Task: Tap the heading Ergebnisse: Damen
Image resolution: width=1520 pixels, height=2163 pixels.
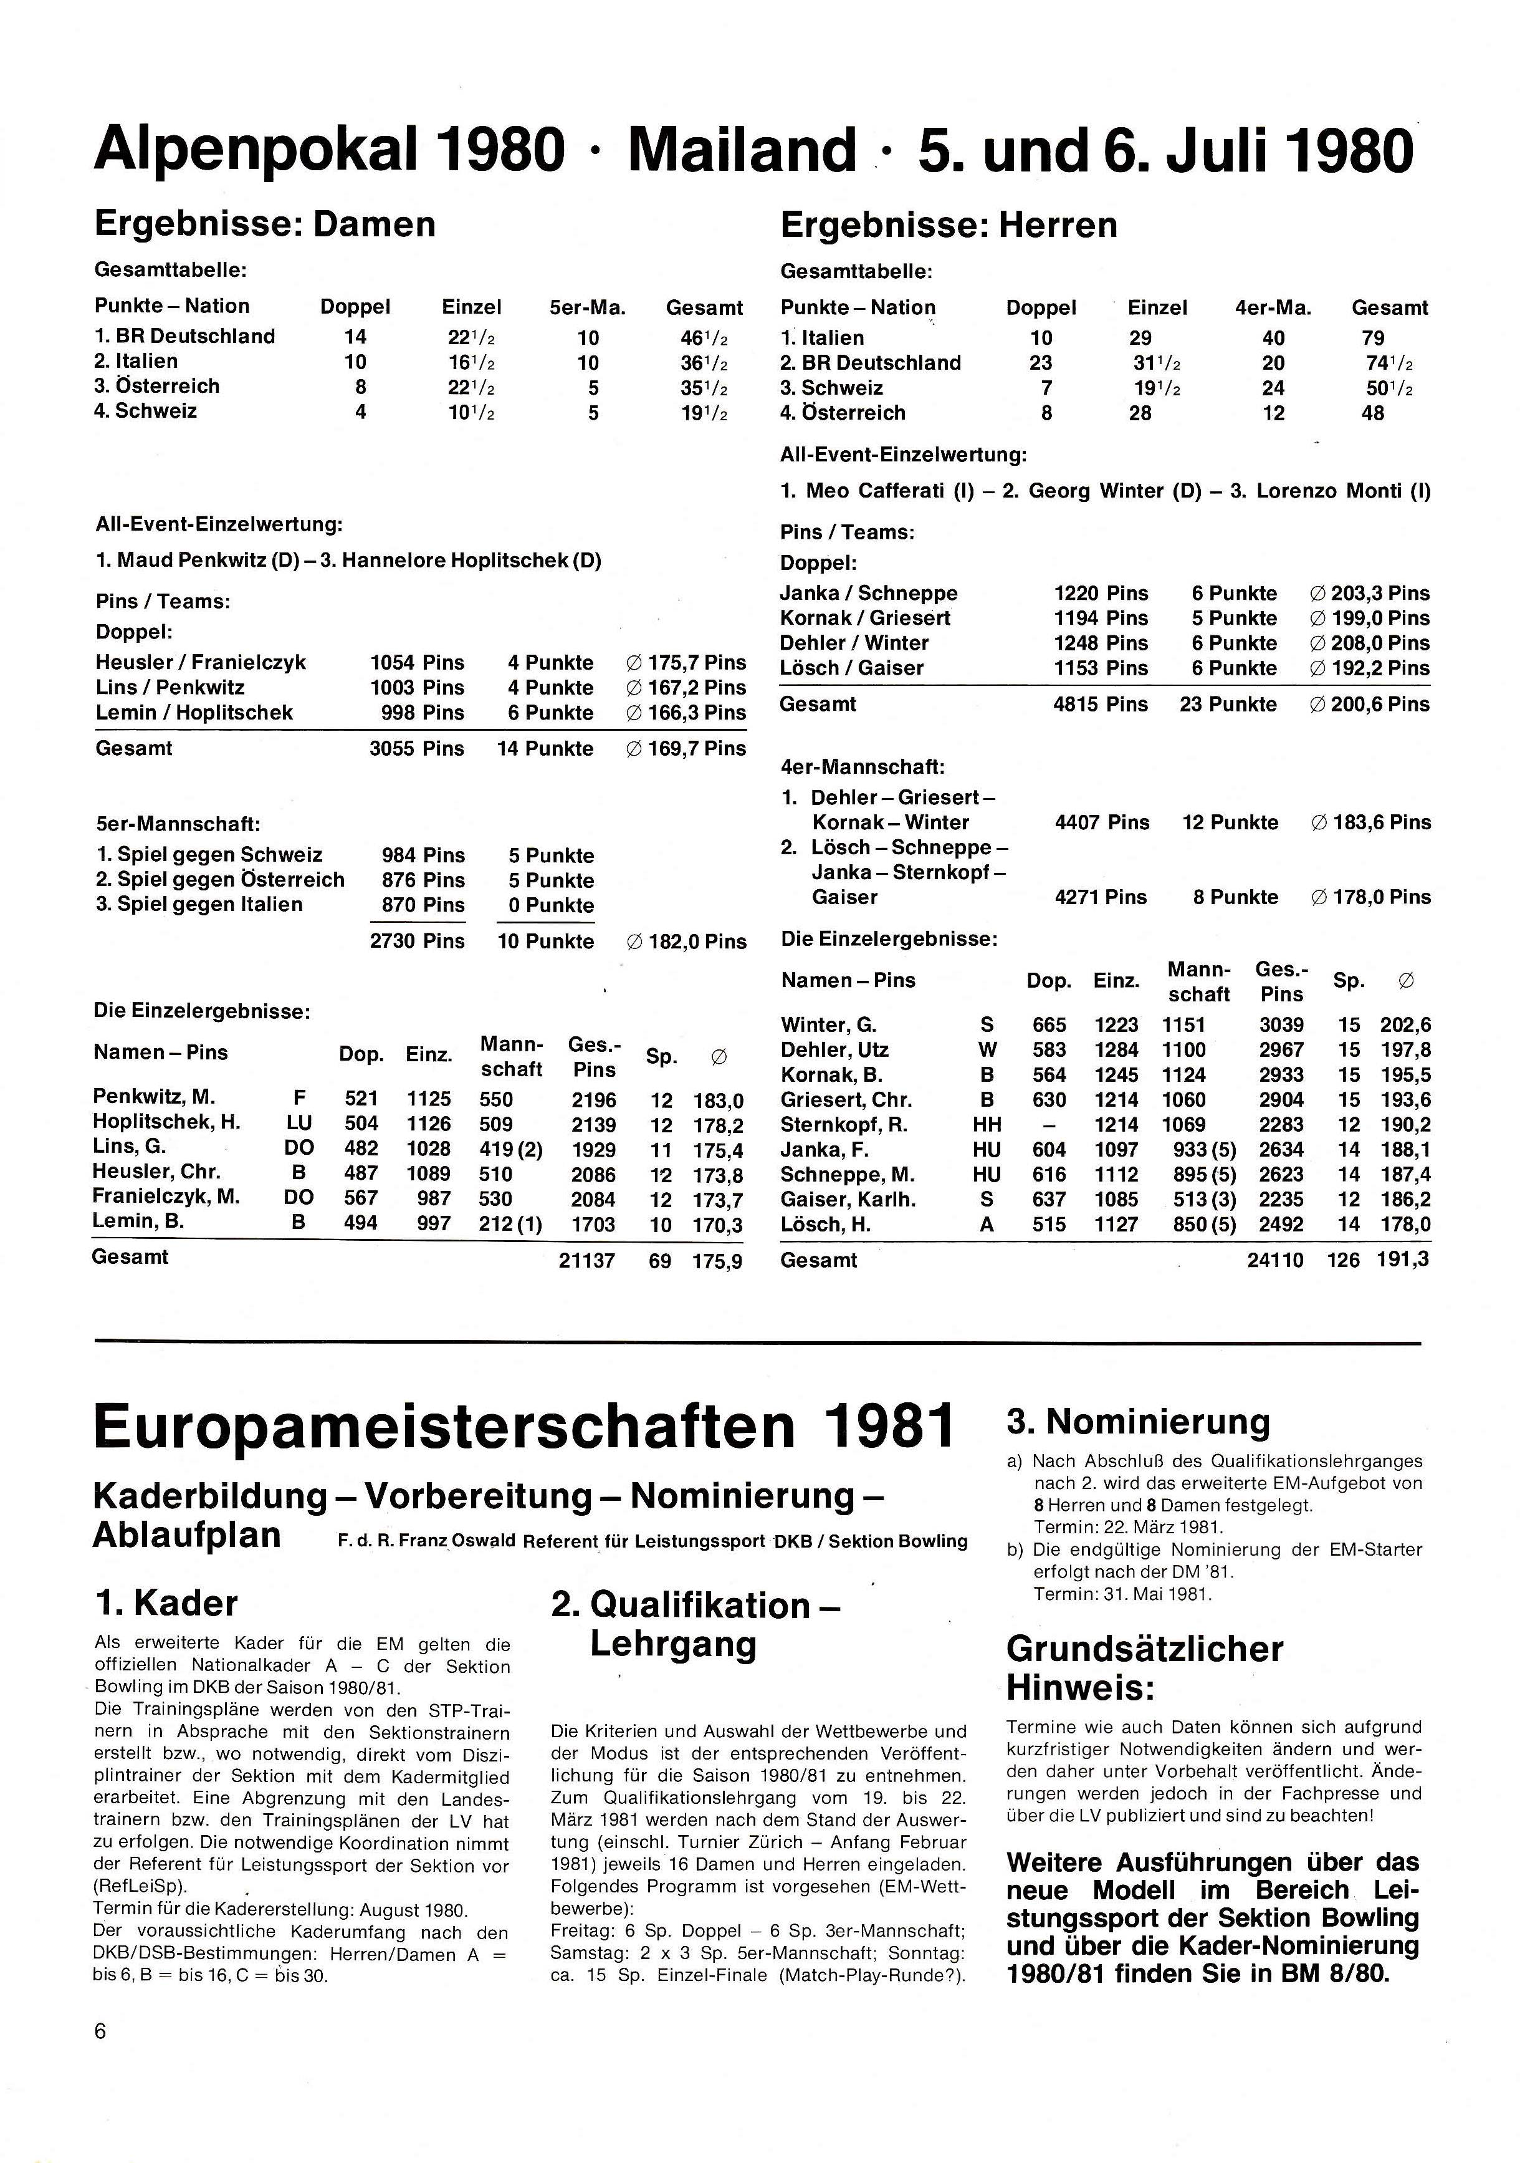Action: tap(265, 224)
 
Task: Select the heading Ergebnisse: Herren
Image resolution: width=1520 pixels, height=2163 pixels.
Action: tap(949, 225)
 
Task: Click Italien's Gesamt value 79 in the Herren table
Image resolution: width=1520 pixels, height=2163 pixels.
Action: tap(1372, 338)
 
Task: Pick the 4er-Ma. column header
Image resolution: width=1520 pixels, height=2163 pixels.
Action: tap(1273, 308)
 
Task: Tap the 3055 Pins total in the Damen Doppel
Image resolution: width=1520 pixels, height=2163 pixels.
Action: tap(416, 749)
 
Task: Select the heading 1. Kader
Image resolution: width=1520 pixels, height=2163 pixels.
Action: tap(166, 1602)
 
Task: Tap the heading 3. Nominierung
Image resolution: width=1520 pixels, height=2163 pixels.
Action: tap(1137, 1420)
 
